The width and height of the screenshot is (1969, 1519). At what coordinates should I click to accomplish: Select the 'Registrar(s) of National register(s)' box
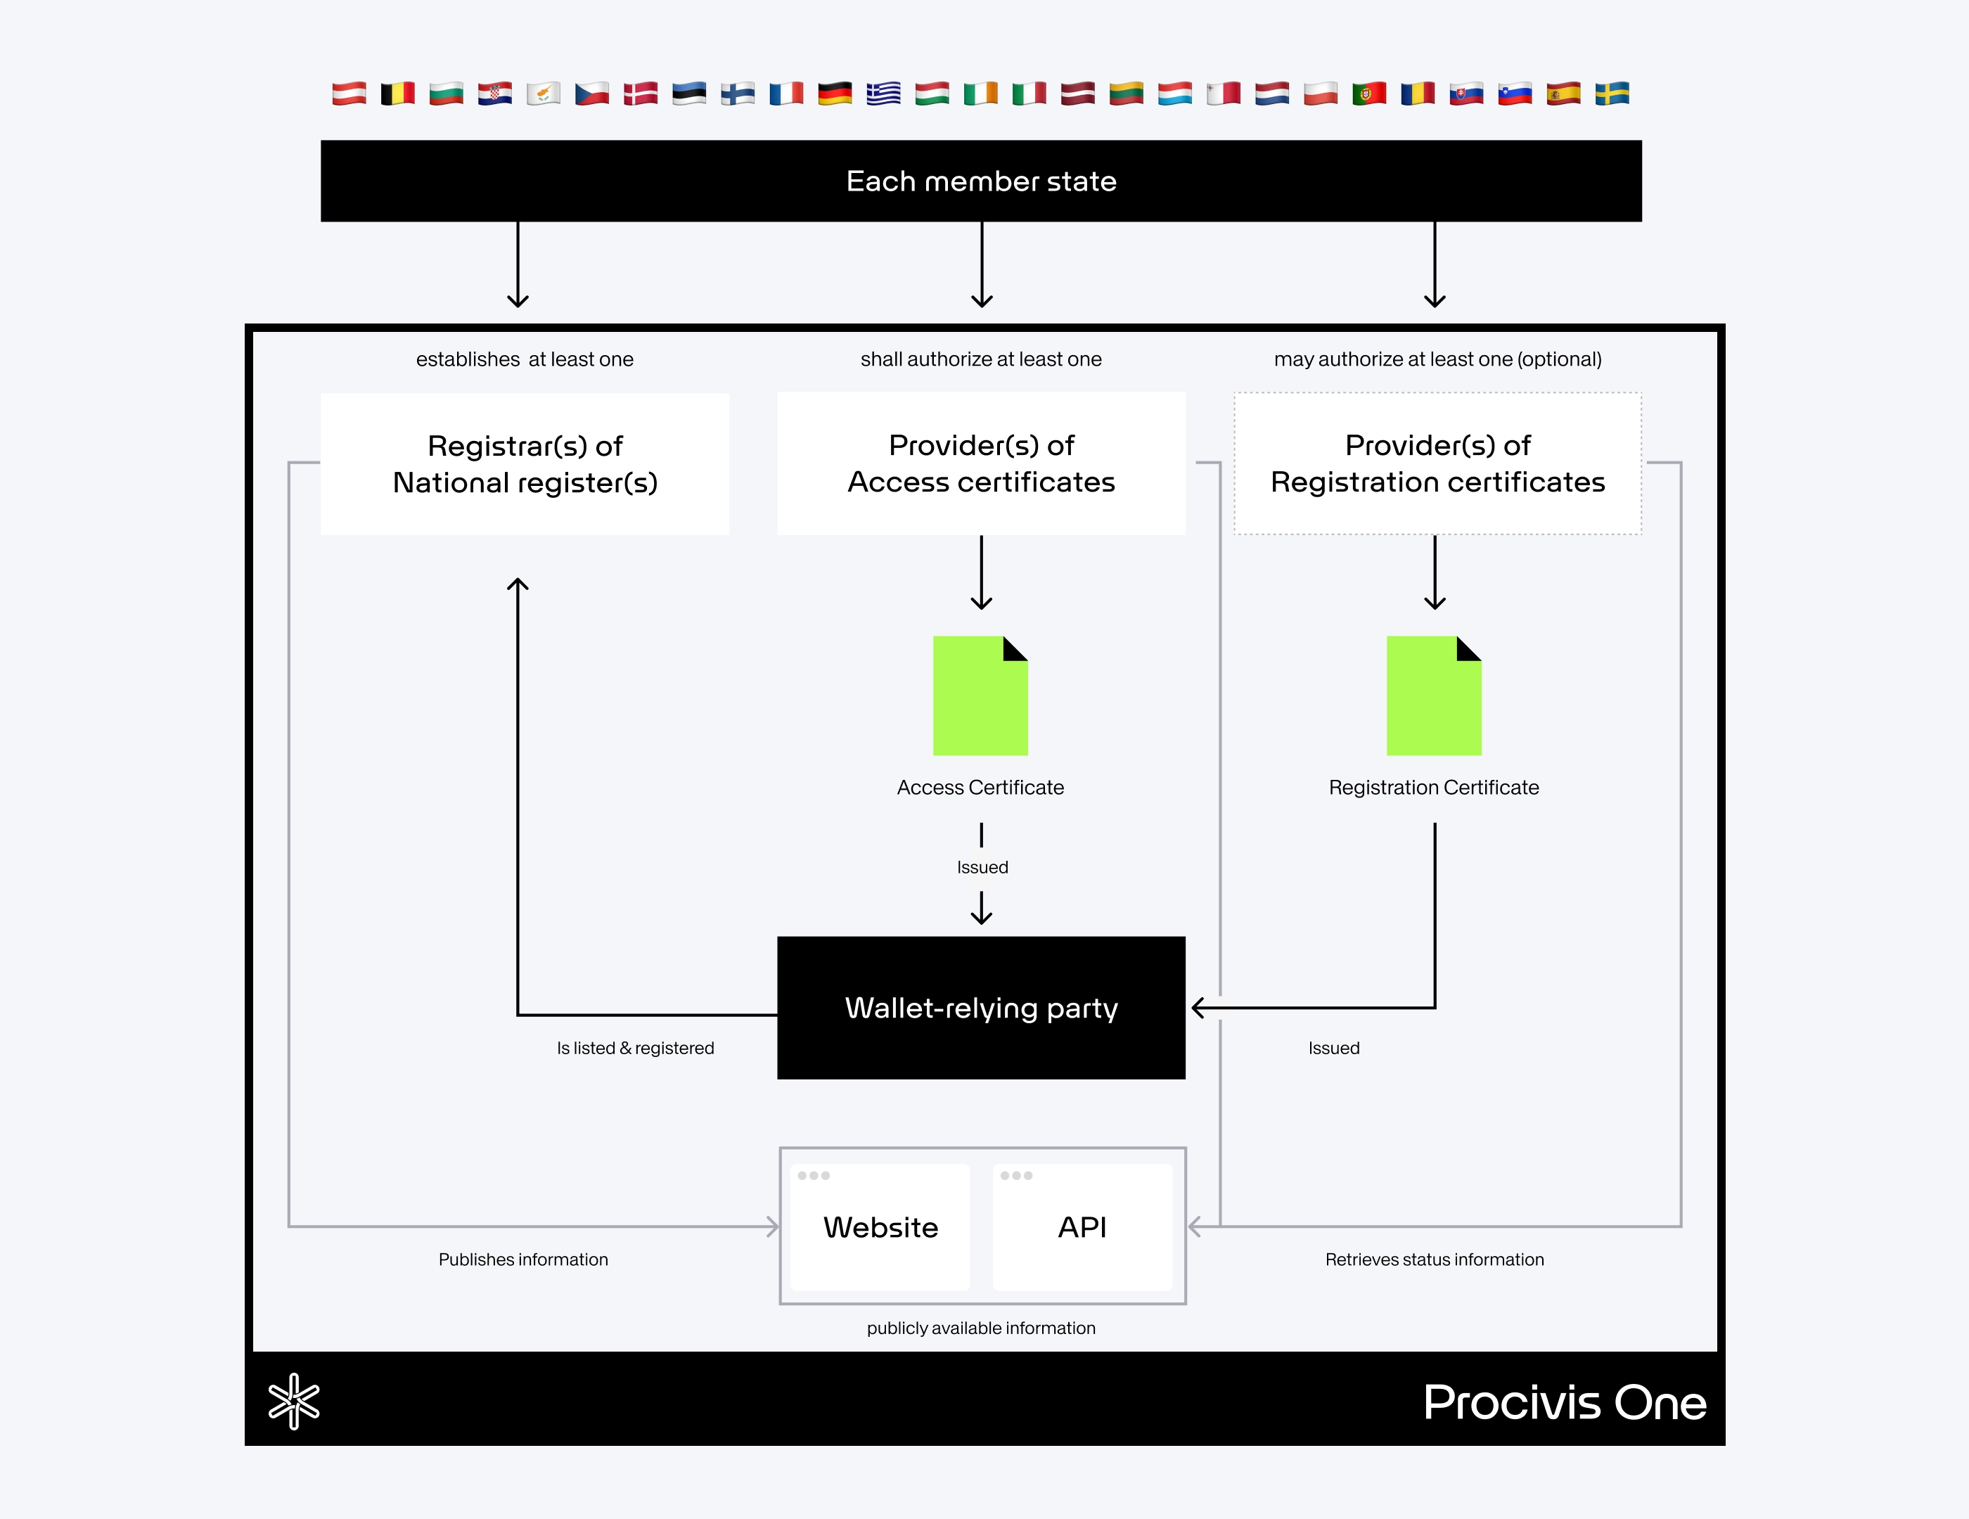pos(525,464)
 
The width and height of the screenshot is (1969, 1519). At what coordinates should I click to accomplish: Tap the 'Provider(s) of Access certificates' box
pos(981,463)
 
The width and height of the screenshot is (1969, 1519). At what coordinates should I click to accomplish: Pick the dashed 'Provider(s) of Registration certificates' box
pos(1437,463)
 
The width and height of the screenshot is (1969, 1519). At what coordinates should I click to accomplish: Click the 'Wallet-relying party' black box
pos(981,1008)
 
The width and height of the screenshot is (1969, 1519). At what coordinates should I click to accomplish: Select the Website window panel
pos(880,1227)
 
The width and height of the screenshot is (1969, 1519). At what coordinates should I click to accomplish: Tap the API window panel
pos(1082,1227)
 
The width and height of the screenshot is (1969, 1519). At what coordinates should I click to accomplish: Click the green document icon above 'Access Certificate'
pos(980,696)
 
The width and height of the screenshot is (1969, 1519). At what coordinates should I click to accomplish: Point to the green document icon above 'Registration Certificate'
pos(1433,696)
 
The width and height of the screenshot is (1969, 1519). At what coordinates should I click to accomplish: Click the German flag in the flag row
pos(835,94)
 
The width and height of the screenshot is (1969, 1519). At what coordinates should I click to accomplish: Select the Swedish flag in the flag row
pos(1612,94)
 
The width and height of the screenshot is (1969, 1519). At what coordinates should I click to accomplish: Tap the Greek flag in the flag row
pos(883,94)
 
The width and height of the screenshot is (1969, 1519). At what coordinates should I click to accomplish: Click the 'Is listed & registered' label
pos(635,1049)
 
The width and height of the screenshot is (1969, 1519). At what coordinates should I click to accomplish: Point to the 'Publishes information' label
pos(523,1260)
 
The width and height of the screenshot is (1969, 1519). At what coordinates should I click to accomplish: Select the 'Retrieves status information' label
pos(1435,1260)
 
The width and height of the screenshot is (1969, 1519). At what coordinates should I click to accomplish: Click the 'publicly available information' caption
pos(981,1328)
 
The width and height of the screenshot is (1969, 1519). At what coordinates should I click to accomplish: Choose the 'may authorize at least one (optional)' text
pos(1437,359)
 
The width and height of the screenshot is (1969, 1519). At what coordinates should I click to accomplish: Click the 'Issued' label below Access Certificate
pos(982,867)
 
